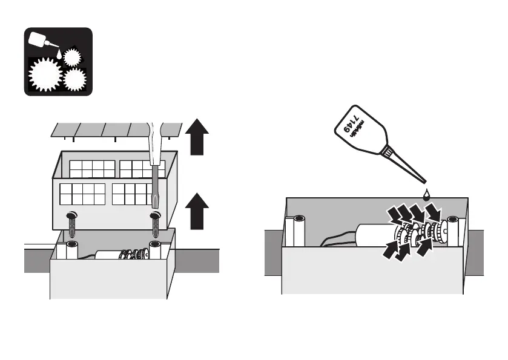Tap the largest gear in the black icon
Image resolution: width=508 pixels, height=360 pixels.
click(x=45, y=73)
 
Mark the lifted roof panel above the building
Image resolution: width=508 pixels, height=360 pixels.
click(x=115, y=129)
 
